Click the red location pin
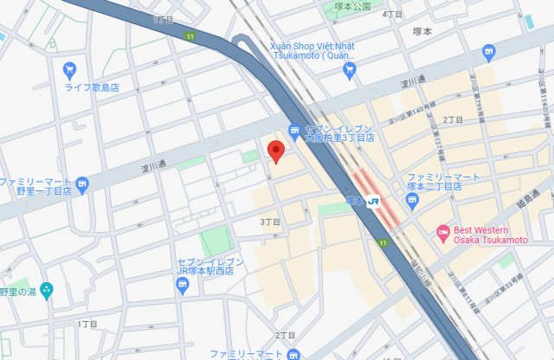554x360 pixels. click(x=276, y=151)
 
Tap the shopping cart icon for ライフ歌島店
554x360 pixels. click(x=70, y=69)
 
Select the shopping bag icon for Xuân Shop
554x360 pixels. click(x=350, y=70)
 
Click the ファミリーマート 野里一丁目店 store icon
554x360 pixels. click(x=82, y=183)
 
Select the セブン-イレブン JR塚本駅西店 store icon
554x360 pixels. click(x=182, y=286)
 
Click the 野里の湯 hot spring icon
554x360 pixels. click(x=47, y=289)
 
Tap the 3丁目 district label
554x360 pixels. click(x=271, y=222)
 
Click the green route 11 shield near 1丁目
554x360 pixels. click(x=190, y=35)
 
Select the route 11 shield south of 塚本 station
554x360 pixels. click(x=383, y=243)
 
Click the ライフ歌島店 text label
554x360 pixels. click(x=92, y=87)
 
